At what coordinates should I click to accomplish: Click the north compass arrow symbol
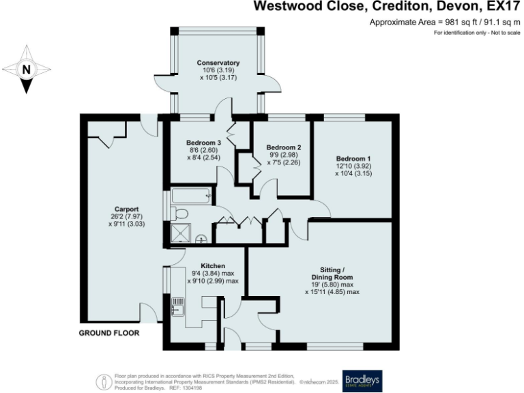(x=26, y=69)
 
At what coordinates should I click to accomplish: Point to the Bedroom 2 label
(x=283, y=147)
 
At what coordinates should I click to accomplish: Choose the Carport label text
(x=127, y=209)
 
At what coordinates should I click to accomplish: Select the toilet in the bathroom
(x=180, y=214)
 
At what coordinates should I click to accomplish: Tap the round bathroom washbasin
(x=201, y=239)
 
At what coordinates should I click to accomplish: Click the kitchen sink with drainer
(x=177, y=307)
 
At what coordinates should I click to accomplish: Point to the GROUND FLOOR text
(x=109, y=334)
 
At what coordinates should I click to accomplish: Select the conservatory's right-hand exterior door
(x=273, y=83)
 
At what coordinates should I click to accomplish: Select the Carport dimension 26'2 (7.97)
(x=127, y=216)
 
